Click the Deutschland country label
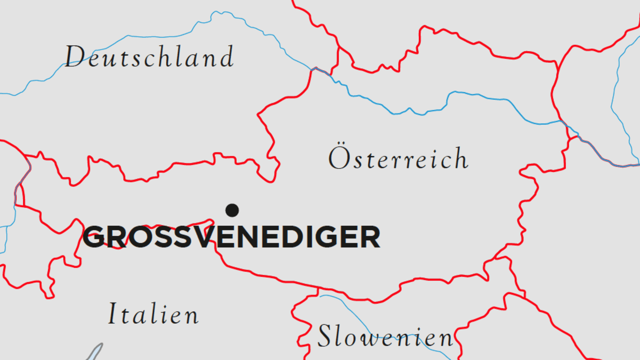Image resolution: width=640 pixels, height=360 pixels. point(149,57)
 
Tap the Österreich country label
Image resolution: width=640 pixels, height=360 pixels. point(399,158)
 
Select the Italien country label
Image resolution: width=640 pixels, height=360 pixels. point(153,314)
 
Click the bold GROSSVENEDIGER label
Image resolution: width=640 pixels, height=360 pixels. point(232,237)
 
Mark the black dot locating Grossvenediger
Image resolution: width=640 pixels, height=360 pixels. point(232,210)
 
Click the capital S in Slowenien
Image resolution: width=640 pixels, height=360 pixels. point(325,337)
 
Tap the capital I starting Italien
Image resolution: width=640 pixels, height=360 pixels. point(112,314)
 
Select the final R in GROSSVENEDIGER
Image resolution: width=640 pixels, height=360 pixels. point(370,237)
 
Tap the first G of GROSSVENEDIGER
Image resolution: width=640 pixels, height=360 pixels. point(94,237)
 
